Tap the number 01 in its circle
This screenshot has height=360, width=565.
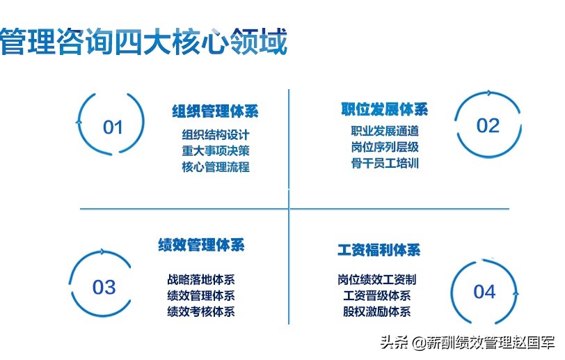tap(113, 127)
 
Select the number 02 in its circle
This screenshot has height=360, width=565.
tap(488, 125)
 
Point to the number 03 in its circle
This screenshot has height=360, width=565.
tap(104, 287)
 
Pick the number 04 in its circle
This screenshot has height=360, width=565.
tap(484, 291)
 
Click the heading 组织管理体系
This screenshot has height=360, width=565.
tap(215, 111)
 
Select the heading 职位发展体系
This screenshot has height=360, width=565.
tap(384, 109)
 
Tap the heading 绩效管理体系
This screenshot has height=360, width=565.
tap(201, 245)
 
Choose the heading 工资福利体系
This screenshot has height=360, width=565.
tap(379, 250)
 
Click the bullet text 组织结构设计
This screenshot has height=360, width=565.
tap(215, 135)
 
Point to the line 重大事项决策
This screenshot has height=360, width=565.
tap(215, 151)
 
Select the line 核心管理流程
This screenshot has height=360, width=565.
tap(215, 167)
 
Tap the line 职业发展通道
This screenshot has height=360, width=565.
tap(385, 131)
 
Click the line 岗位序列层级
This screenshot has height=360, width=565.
tap(385, 148)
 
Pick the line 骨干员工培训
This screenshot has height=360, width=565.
tap(385, 164)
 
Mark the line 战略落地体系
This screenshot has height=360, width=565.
tap(201, 280)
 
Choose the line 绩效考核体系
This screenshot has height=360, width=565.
tap(201, 312)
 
